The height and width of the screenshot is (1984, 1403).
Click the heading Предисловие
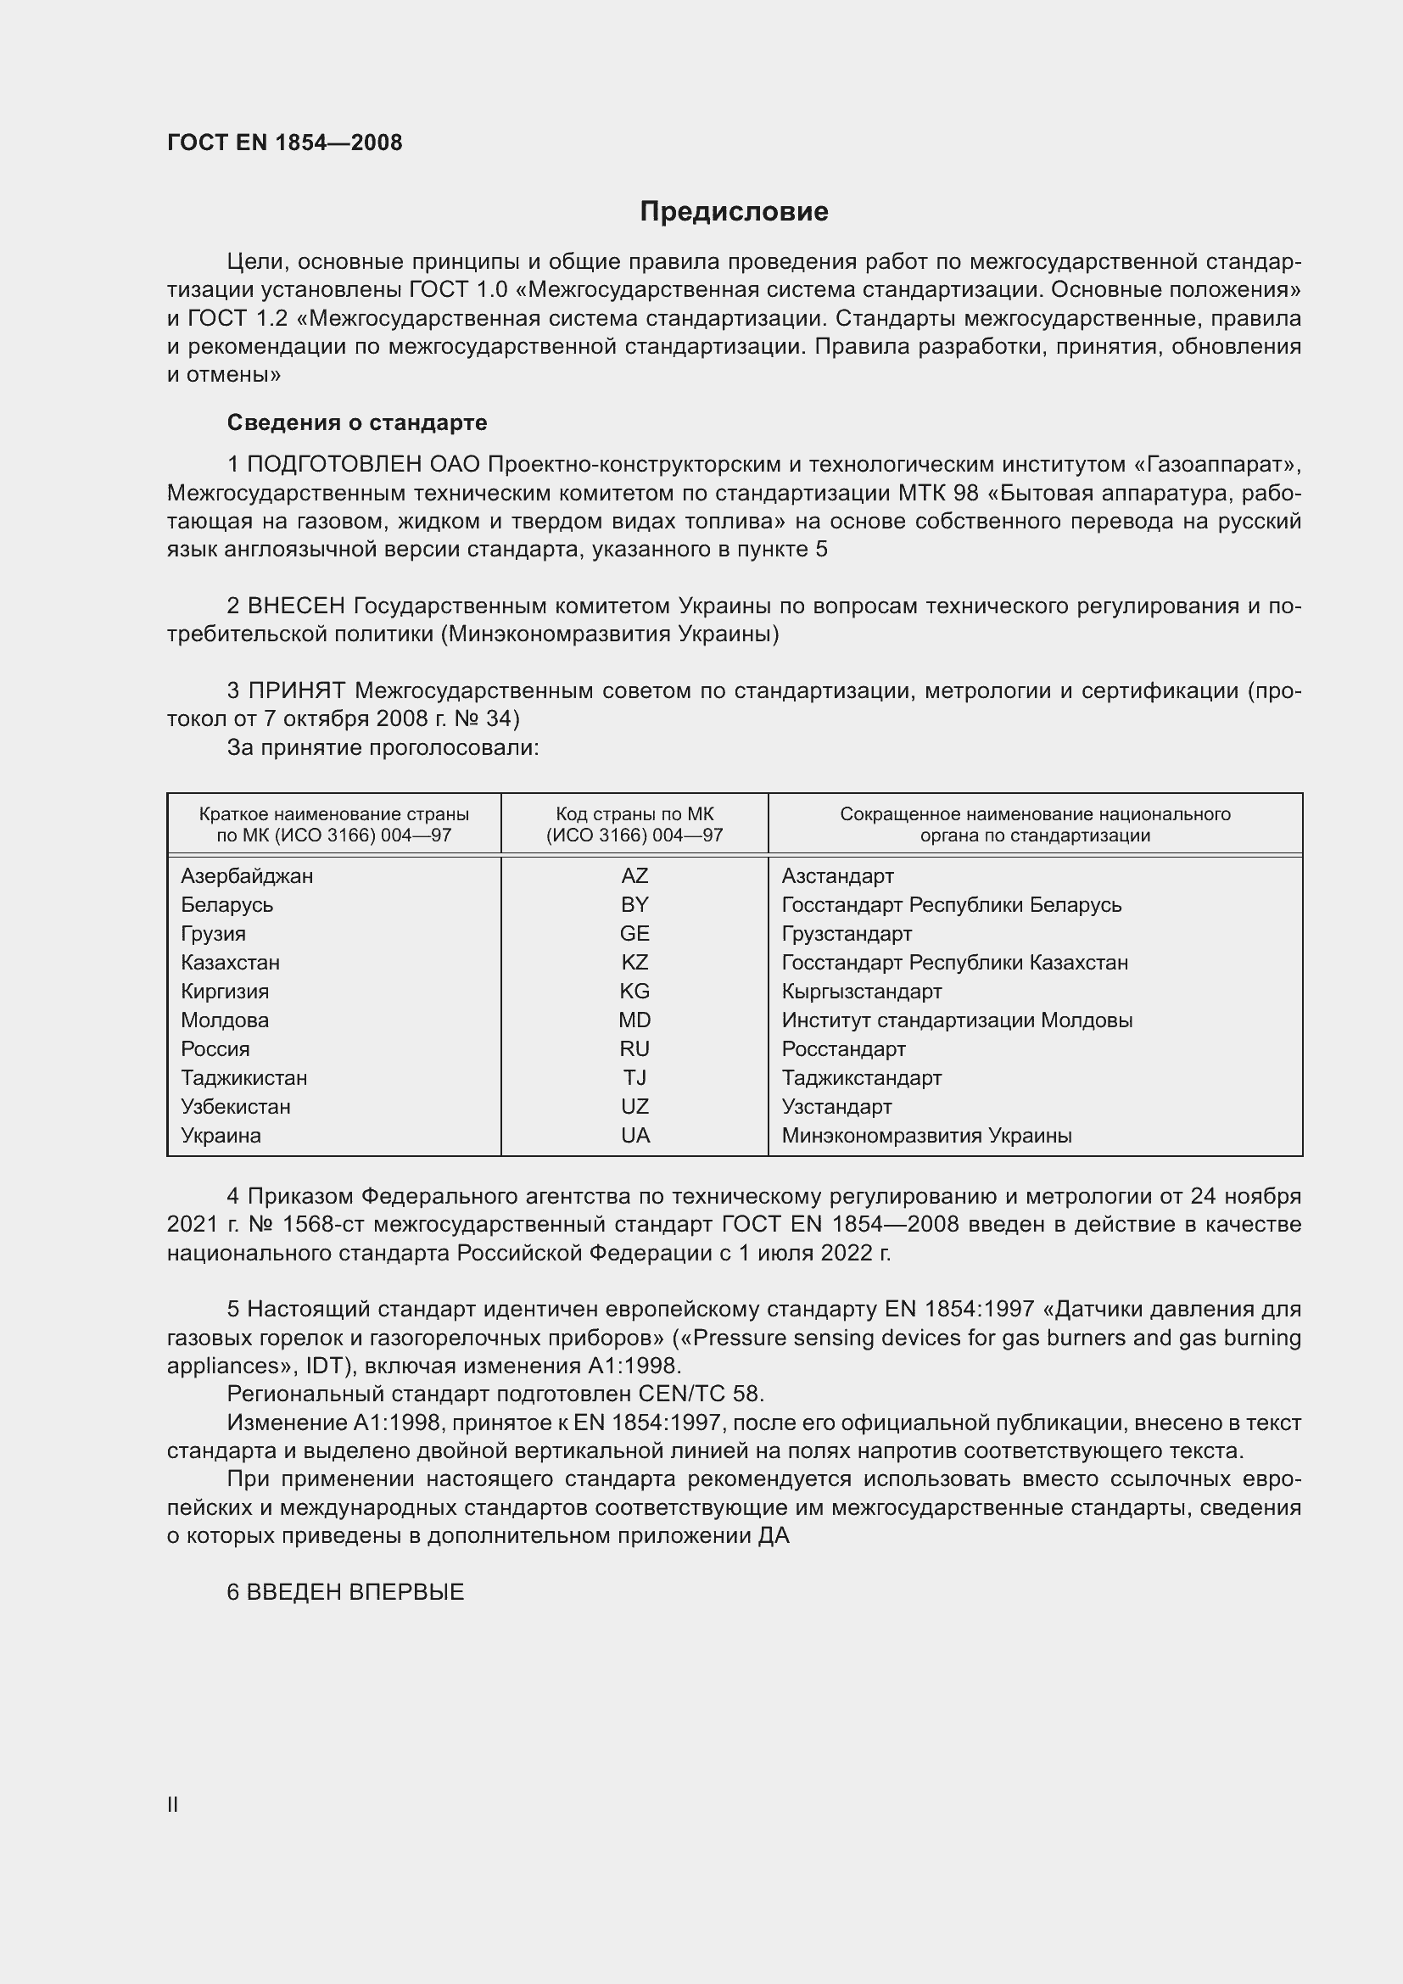point(734,212)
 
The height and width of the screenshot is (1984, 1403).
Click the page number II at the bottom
point(173,1804)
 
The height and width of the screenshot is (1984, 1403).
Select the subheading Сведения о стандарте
point(357,422)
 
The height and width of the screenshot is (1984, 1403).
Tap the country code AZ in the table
point(634,876)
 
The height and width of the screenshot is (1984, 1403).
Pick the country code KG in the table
point(634,991)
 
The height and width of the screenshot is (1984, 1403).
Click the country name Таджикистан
point(243,1077)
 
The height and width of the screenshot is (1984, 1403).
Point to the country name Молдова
point(225,1020)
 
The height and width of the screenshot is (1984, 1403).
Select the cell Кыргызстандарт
point(861,991)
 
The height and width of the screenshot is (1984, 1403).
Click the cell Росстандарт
point(843,1049)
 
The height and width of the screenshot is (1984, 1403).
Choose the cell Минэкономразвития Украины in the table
point(926,1136)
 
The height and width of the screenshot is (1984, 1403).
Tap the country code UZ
point(634,1107)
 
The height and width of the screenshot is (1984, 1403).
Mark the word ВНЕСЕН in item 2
point(296,606)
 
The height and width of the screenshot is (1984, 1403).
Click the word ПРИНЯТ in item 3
point(297,690)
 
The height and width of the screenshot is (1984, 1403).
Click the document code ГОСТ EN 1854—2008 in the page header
point(284,143)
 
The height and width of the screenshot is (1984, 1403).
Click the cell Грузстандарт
point(847,934)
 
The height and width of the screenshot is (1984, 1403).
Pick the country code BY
point(634,905)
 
